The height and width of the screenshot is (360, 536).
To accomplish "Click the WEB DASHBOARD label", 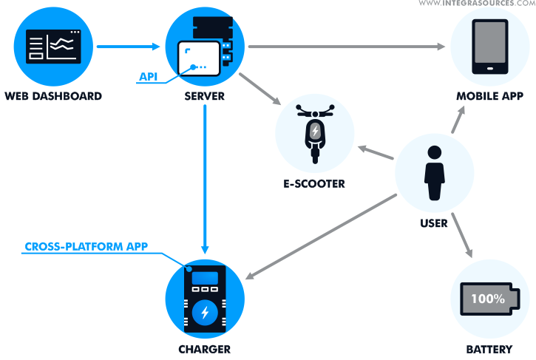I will point(53,96).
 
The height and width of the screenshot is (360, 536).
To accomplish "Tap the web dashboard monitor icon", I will point(53,47).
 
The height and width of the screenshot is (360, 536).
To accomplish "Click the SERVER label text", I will point(205,96).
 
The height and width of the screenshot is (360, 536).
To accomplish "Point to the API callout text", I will point(149,76).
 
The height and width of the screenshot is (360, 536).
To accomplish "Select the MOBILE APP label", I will point(489,96).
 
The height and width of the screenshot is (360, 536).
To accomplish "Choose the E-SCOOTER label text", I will point(314,183).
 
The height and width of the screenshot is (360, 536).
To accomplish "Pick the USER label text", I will point(433,223).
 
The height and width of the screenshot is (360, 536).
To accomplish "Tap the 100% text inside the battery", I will point(489,299).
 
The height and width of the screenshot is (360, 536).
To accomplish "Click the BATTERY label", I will point(489,349).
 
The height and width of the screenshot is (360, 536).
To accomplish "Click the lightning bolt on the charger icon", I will point(205,313).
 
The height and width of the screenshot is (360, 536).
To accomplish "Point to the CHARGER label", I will point(205,349).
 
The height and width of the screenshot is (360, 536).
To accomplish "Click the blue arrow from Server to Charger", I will point(205,177).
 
